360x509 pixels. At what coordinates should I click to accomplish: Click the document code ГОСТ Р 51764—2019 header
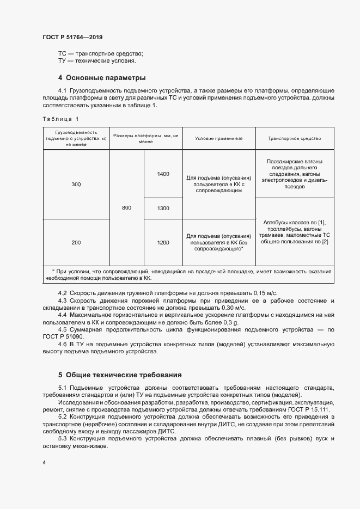pyautogui.click(x=72, y=37)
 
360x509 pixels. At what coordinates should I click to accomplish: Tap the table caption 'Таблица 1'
pyautogui.click(x=60, y=119)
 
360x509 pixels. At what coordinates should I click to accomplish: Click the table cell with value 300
pyautogui.click(x=76, y=185)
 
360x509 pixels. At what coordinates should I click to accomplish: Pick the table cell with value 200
pyautogui.click(x=76, y=242)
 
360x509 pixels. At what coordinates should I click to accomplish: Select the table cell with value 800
pyautogui.click(x=126, y=208)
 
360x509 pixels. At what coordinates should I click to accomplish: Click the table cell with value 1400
pyautogui.click(x=163, y=174)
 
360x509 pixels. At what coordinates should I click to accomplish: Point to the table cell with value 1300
pyautogui.click(x=163, y=208)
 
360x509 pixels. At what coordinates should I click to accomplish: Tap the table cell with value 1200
pyautogui.click(x=163, y=242)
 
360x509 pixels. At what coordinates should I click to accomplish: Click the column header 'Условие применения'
pyautogui.click(x=218, y=138)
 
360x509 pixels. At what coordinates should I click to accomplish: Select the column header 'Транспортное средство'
pyautogui.click(x=294, y=138)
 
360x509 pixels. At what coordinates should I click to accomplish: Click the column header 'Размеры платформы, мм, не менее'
pyautogui.click(x=145, y=138)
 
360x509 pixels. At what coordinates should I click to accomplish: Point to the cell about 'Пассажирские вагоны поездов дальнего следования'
pyautogui.click(x=294, y=174)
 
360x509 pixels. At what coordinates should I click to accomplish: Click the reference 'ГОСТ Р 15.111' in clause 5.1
pyautogui.click(x=310, y=409)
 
